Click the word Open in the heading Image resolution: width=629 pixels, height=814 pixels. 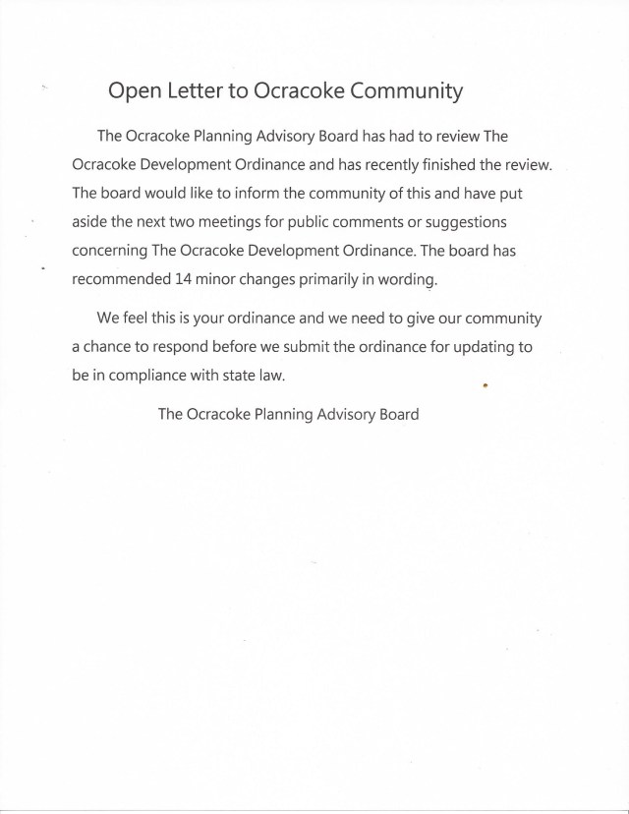[133, 92]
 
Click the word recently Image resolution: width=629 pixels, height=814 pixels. [431, 162]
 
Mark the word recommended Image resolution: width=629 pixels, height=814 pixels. [120, 279]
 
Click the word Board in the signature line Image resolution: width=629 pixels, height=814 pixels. [397, 414]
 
